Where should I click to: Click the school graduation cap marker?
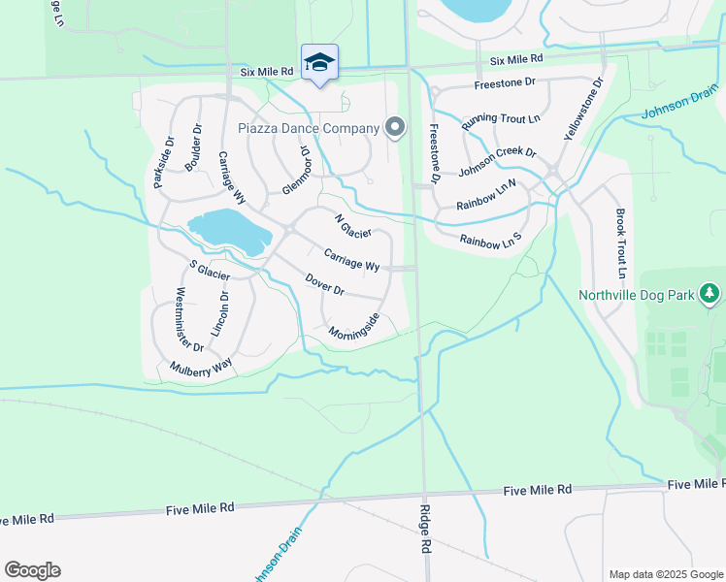(319, 62)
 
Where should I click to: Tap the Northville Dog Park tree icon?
(710, 294)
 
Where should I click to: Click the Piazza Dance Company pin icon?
(394, 127)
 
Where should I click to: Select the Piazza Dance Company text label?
(309, 128)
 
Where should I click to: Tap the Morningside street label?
(353, 327)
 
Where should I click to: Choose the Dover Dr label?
(324, 284)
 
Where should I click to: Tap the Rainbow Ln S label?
(490, 239)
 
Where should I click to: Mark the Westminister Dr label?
(188, 319)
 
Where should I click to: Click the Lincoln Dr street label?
(223, 313)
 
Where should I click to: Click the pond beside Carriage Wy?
(229, 231)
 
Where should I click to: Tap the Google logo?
(32, 570)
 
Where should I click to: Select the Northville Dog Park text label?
(637, 295)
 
